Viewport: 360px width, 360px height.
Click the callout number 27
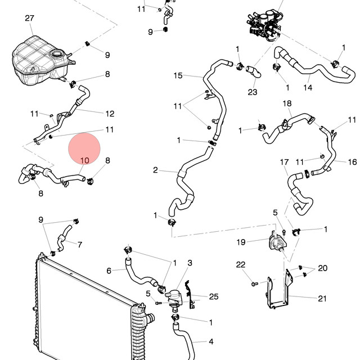(29, 18)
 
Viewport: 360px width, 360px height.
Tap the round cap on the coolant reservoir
(56, 54)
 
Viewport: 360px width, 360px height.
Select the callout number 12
(110, 114)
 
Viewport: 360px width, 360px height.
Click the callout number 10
(85, 160)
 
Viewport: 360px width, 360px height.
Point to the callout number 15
(178, 75)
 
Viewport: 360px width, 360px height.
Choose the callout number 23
(253, 92)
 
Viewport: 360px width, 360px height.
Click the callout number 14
(308, 88)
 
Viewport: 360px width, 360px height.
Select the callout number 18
(287, 103)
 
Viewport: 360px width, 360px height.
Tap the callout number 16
(353, 162)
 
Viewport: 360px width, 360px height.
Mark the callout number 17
(284, 162)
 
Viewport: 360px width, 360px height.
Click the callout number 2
(155, 170)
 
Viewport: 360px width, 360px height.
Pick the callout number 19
(241, 242)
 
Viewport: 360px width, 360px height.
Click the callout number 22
(241, 265)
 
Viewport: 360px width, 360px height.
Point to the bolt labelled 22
(255, 284)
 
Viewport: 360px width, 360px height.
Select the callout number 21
(322, 299)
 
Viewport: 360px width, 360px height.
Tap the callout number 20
(322, 268)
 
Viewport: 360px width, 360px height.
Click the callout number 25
(214, 296)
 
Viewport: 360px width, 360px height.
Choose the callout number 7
(80, 245)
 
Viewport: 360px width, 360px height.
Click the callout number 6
(109, 271)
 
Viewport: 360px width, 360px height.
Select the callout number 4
(211, 341)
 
